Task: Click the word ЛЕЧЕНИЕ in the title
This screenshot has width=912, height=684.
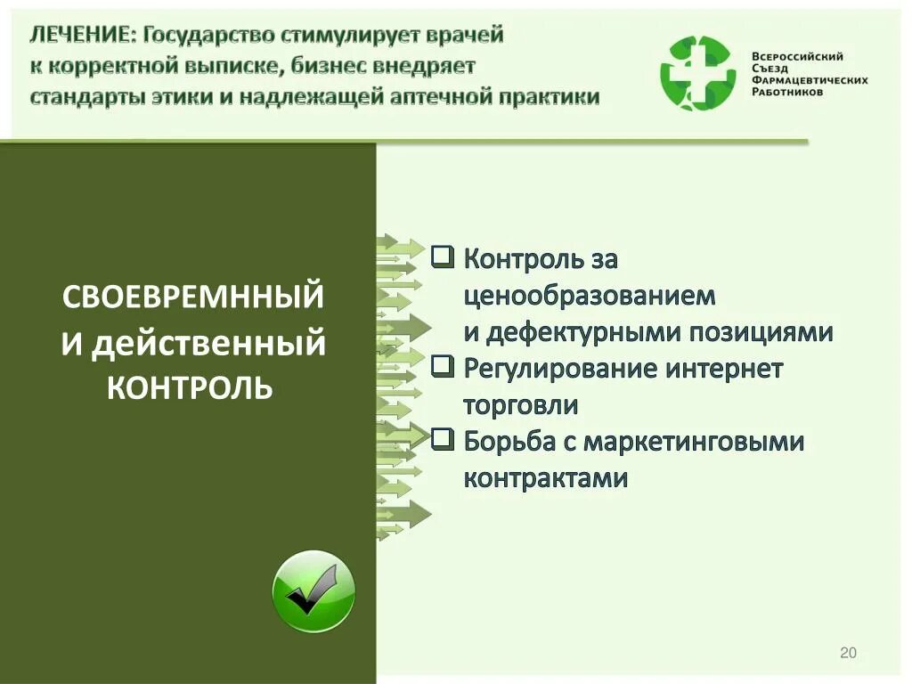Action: click(81, 35)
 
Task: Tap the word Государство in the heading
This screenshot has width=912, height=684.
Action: click(208, 35)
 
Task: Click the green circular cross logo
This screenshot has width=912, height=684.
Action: click(697, 72)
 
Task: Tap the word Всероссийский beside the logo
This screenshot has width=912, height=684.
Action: click(798, 56)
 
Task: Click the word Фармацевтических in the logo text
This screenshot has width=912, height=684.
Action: click(810, 80)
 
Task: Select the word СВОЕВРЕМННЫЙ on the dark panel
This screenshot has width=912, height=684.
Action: click(192, 297)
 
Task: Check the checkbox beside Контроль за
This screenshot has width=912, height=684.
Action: click(442, 257)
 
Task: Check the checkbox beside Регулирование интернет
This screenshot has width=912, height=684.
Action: click(442, 366)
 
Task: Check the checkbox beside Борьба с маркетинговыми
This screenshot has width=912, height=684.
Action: click(442, 439)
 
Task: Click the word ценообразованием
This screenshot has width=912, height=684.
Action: click(590, 295)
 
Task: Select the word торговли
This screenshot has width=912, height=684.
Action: click(521, 404)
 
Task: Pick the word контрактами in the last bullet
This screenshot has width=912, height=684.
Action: click(545, 477)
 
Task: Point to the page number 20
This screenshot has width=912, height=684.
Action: click(848, 654)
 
